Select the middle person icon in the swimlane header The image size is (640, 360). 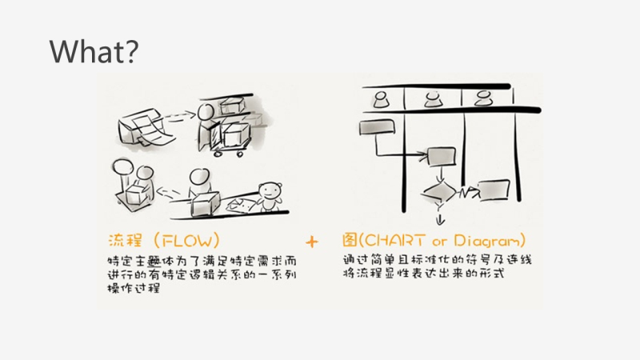tap(433, 98)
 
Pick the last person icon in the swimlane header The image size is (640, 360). tap(482, 98)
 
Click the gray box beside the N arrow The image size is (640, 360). tap(494, 189)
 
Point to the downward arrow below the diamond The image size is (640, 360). tap(439, 214)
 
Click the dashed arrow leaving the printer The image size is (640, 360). tap(184, 116)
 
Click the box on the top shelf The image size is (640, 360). tap(236, 105)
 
